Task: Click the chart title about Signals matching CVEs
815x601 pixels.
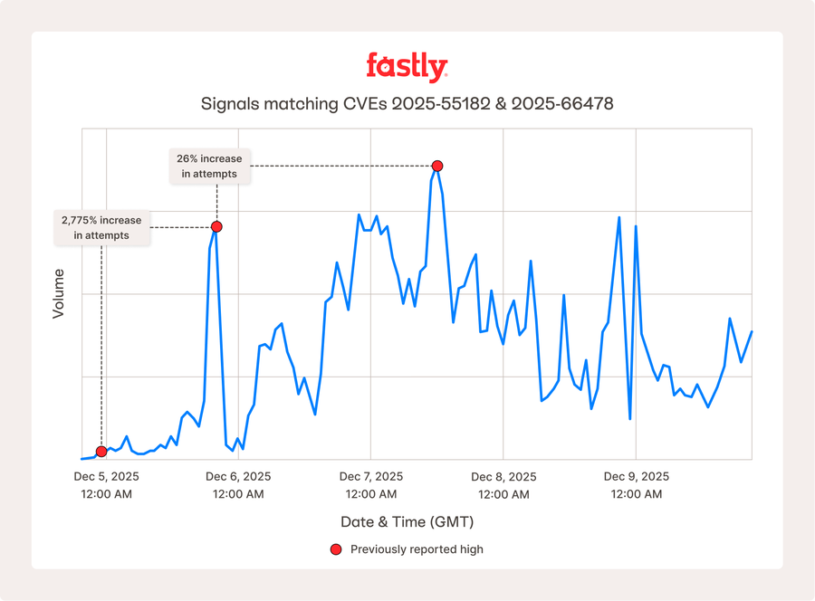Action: coord(407,104)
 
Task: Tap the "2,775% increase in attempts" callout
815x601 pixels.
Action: coord(101,227)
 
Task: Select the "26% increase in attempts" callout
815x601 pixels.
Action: coord(209,166)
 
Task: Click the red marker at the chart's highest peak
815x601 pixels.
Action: coord(437,166)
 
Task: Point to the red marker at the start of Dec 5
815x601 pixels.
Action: coord(101,451)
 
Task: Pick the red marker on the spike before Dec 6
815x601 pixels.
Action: coord(216,226)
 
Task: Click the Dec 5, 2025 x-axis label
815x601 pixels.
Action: coord(107,477)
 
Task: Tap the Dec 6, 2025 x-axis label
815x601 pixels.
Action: coord(238,477)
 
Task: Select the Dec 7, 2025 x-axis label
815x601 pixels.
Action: coord(371,477)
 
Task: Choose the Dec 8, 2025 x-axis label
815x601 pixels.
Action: coord(503,477)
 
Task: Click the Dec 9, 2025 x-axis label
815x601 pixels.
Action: coord(636,477)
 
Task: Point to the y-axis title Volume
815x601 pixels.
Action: coord(59,292)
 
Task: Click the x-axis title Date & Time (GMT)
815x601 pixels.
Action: coord(407,522)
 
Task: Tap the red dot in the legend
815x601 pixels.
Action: coord(336,549)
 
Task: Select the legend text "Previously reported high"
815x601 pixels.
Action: coord(417,549)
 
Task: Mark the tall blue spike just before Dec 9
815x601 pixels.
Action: coord(618,218)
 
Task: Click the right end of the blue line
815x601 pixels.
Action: coord(752,332)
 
